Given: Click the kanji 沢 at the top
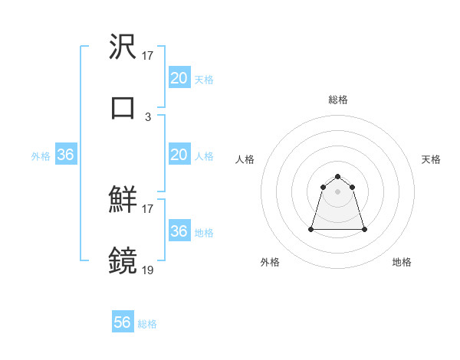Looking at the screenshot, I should click(x=123, y=48).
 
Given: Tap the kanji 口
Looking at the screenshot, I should click(x=123, y=107).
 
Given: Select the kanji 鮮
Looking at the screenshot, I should click(x=123, y=201).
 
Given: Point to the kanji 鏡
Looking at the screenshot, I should click(x=123, y=260).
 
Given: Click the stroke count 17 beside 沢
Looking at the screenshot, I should click(x=148, y=56).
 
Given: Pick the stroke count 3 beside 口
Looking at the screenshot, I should click(x=148, y=116).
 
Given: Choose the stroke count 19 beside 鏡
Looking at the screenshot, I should click(x=148, y=269).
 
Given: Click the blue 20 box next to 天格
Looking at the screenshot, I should click(x=179, y=78).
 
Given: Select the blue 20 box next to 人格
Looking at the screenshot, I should click(x=179, y=155).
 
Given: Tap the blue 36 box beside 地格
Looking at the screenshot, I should click(x=179, y=231).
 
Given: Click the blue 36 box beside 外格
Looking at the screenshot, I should click(x=65, y=155).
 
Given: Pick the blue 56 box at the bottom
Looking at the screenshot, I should click(x=123, y=322).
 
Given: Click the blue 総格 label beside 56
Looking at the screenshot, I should click(x=147, y=324).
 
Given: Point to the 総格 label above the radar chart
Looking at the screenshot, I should click(x=338, y=100).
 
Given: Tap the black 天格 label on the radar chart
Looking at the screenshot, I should click(x=432, y=159).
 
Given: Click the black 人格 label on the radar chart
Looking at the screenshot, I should click(x=245, y=159).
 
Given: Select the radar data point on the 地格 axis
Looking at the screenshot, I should click(x=364, y=229).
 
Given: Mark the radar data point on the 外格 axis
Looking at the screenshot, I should click(x=312, y=229).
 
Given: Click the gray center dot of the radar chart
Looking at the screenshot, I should click(x=338, y=191).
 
